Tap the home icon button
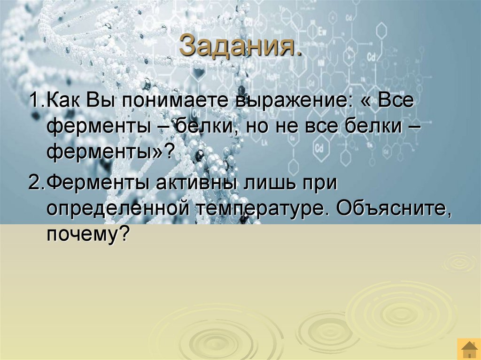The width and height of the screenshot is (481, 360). [x=468, y=350]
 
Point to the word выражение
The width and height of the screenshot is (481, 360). [x=290, y=103]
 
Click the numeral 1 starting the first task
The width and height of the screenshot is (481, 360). [x=32, y=102]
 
